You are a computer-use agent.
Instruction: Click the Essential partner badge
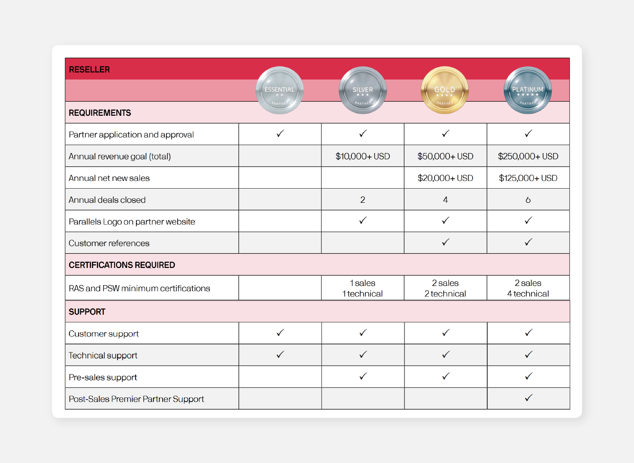[280, 90]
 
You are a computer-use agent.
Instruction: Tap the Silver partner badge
[362, 90]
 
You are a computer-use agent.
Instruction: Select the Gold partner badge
[445, 90]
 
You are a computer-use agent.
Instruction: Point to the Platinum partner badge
[528, 90]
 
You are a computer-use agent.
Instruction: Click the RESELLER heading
[89, 69]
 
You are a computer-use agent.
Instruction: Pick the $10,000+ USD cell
[362, 156]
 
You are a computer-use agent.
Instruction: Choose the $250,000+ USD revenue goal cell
[528, 156]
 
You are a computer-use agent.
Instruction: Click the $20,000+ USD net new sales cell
[445, 178]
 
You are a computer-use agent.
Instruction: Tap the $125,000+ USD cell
[528, 178]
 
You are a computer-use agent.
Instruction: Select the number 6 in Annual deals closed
[528, 200]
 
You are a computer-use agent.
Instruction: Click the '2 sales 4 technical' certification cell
[528, 288]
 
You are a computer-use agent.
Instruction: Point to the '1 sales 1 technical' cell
[362, 288]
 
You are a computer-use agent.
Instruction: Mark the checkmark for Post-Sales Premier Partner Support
[528, 398]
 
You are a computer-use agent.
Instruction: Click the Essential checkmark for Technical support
[280, 355]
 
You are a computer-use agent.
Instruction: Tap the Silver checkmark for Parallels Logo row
[363, 220]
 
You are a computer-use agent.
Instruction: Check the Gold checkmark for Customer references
[446, 242]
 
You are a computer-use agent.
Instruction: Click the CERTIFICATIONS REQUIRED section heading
[122, 265]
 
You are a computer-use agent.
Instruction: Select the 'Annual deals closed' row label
[107, 200]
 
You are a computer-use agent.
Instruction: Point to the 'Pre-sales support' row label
[103, 377]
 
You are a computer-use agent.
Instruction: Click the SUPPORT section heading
[87, 312]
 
